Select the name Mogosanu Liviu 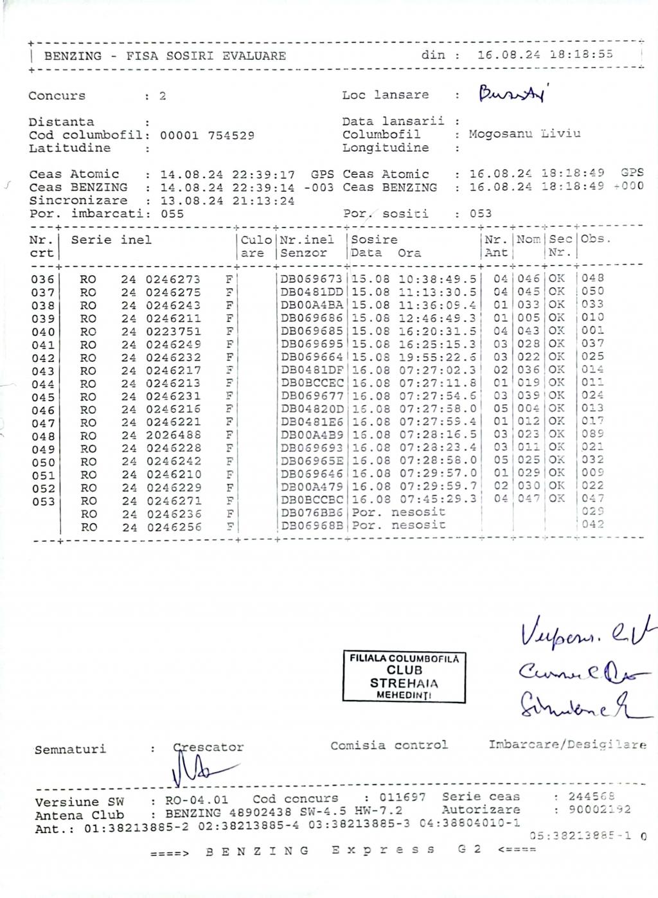[524, 134]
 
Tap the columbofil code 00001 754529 [207, 136]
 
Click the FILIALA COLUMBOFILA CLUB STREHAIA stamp [404, 677]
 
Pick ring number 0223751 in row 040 [173, 332]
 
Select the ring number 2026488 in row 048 [173, 436]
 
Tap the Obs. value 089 [592, 435]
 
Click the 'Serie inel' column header [111, 240]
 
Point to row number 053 [43, 501]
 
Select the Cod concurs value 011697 [402, 798]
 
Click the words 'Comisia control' [389, 746]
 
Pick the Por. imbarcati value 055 [172, 214]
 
